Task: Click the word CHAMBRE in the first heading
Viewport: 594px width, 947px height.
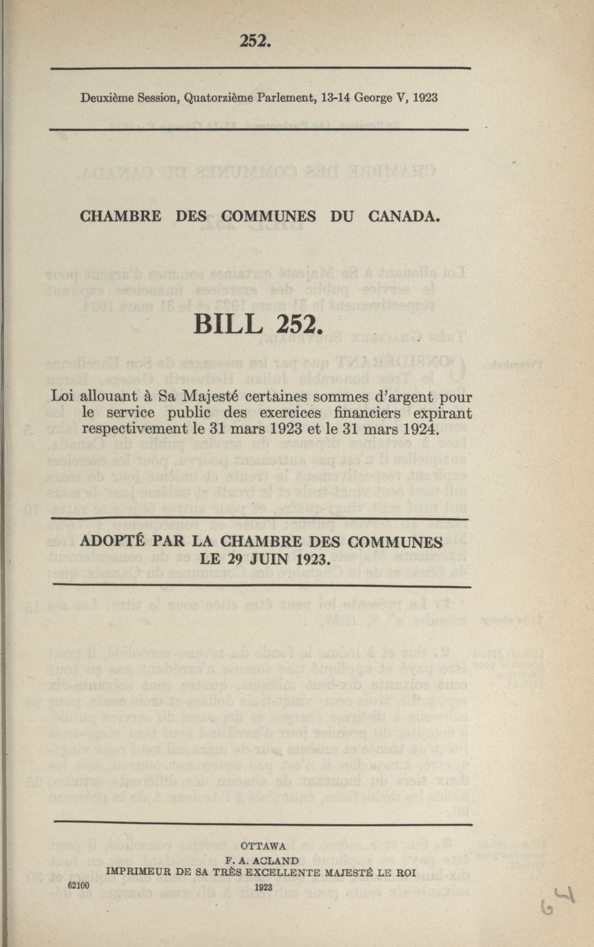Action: click(120, 216)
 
